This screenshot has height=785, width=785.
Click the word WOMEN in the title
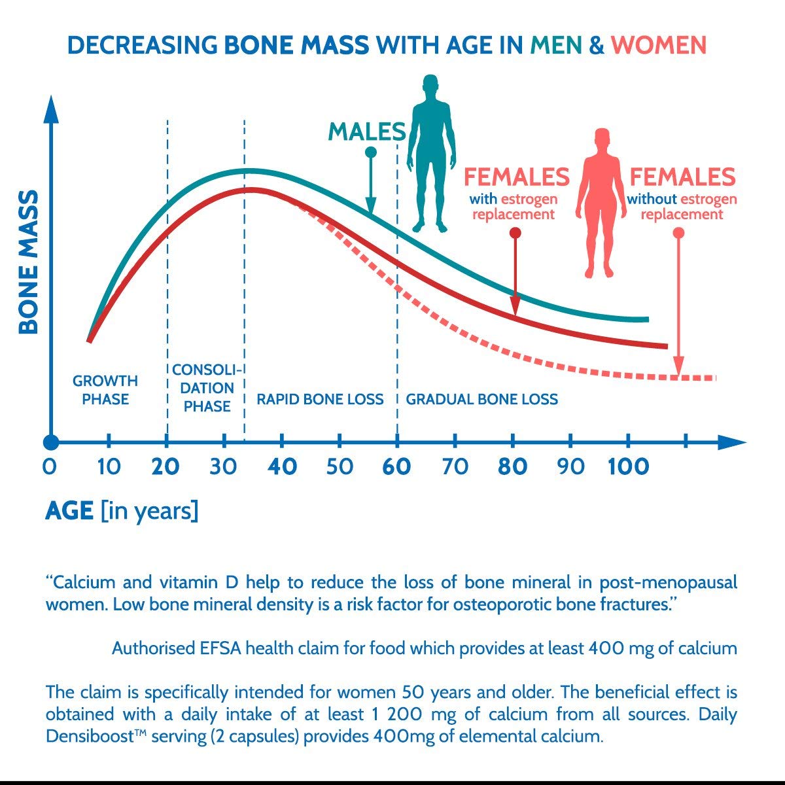point(658,45)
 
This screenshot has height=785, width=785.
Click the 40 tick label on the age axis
point(282,466)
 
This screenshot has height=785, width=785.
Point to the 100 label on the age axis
point(628,466)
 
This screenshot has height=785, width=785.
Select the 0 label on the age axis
point(50,466)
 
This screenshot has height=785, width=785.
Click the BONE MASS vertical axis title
point(29,262)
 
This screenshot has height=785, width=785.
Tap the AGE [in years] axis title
point(122,511)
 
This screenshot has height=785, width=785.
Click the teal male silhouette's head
point(430,87)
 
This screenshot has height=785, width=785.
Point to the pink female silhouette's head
point(602,141)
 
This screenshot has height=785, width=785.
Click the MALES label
point(367,131)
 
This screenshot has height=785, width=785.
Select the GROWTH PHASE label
point(105,390)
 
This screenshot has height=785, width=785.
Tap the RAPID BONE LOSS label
point(320,399)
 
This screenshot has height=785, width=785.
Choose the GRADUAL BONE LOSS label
point(482,399)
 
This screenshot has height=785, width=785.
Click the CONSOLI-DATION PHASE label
point(207,388)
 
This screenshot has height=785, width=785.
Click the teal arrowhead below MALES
point(371,205)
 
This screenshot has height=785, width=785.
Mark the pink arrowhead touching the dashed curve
point(678,366)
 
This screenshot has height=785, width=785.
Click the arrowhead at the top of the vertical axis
point(51,109)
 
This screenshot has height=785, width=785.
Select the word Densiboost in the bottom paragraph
point(90,736)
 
